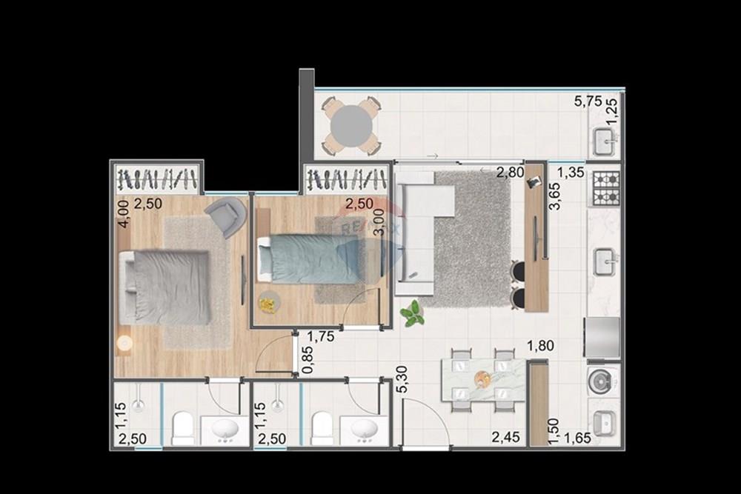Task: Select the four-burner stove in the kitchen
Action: pos(605,188)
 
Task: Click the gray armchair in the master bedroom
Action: pos(226,216)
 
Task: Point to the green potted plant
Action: pos(412,314)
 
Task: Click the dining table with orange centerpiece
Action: pos(483,379)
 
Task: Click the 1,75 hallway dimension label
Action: pos(320,336)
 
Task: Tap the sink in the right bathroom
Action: pos(365,429)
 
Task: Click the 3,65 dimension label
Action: pos(554,197)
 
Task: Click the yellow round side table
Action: pos(268,301)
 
